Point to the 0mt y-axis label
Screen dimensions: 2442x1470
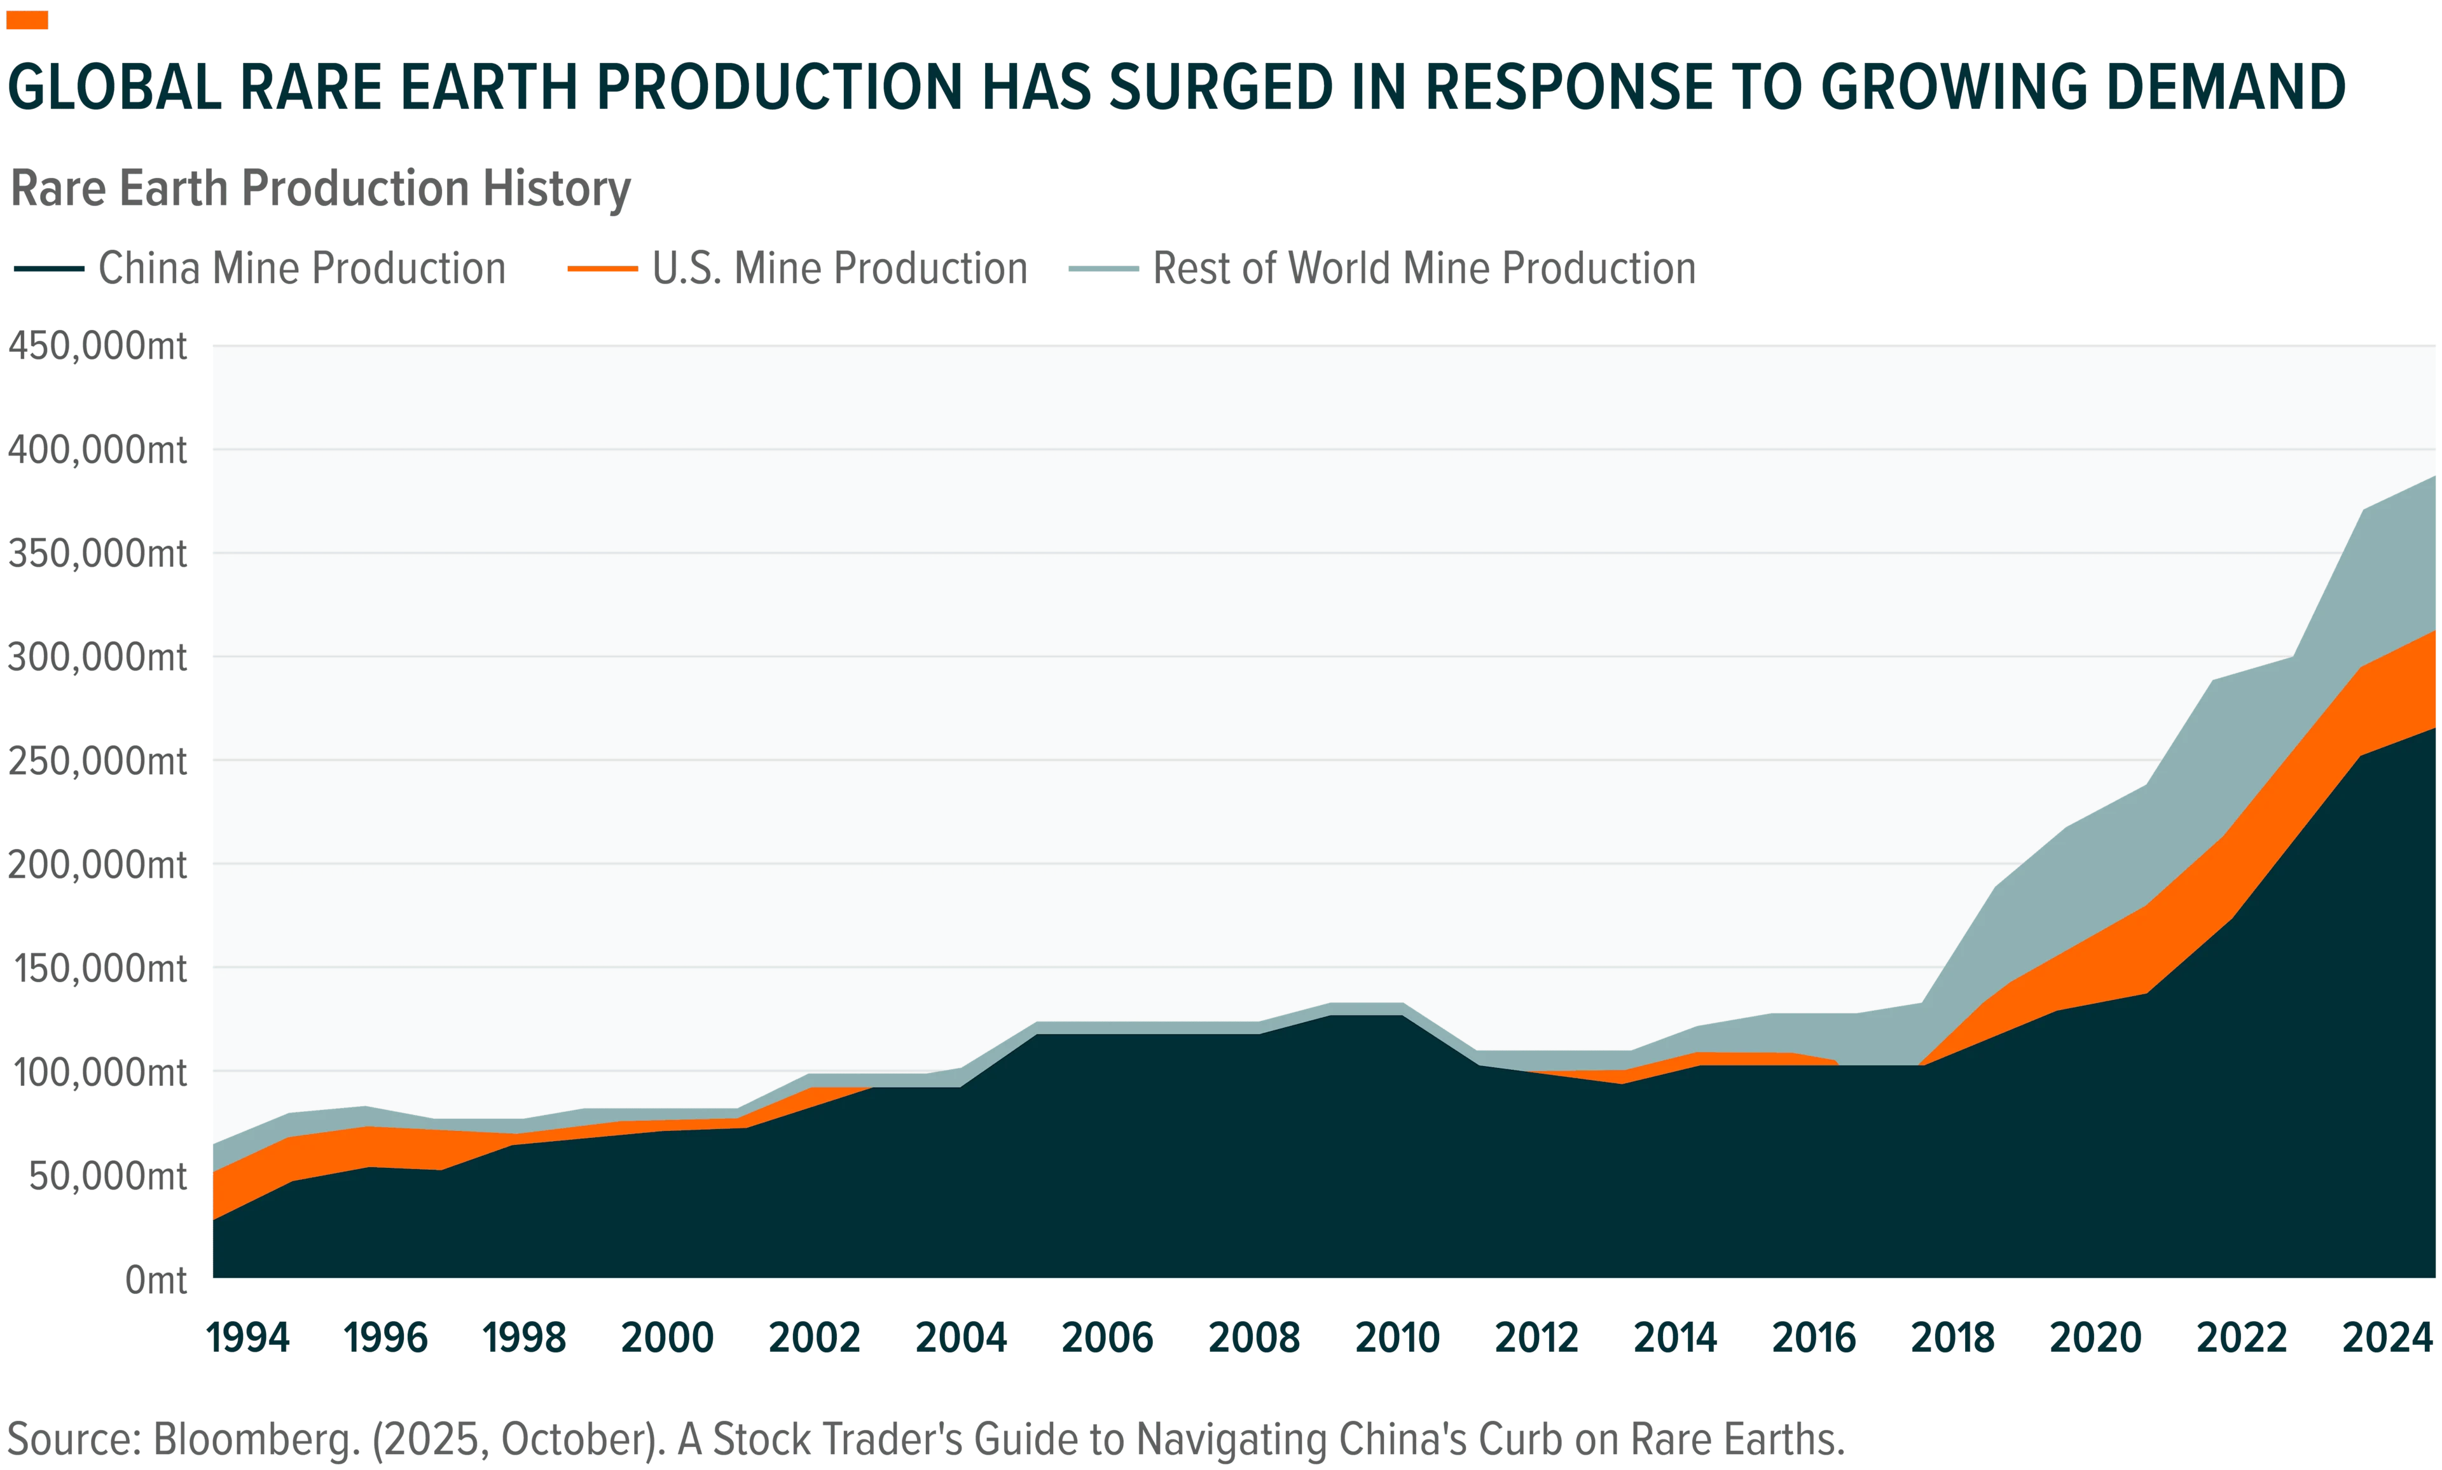tap(155, 1280)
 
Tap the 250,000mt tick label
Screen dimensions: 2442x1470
tap(97, 761)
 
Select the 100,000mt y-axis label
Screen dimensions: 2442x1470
tap(99, 1072)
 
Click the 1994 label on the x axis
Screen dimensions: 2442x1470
tap(247, 1338)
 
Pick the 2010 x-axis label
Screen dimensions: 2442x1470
tap(1397, 1338)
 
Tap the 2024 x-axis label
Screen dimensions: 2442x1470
tap(2387, 1338)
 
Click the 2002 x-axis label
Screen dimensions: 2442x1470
tap(814, 1338)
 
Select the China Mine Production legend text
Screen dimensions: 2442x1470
tap(302, 268)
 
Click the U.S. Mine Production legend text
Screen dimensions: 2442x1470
tap(839, 268)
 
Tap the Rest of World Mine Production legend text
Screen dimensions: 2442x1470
tap(1424, 268)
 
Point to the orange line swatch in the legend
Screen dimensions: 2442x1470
tap(602, 268)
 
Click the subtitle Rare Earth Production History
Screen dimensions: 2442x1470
tap(320, 189)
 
